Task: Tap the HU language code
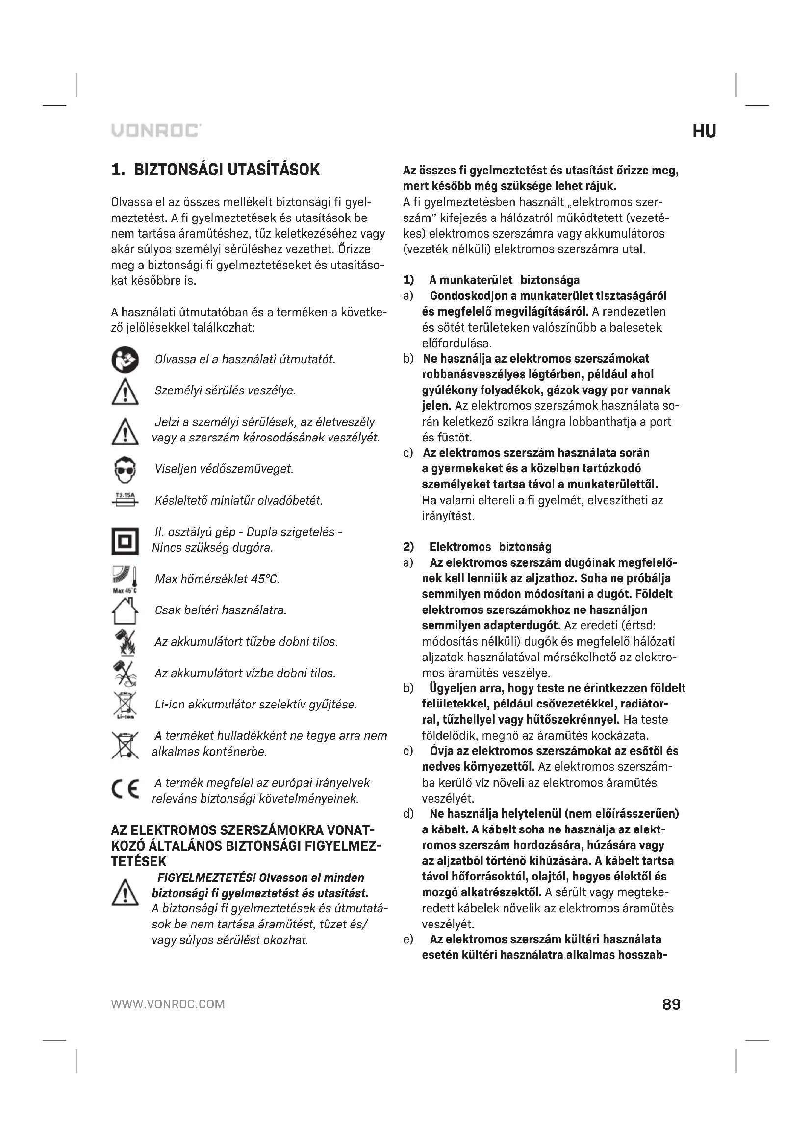click(x=704, y=132)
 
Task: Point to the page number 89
click(x=671, y=1004)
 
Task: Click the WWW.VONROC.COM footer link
click(x=168, y=1004)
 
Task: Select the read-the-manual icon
click(x=125, y=359)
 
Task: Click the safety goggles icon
click(x=125, y=470)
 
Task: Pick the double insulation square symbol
click(x=125, y=541)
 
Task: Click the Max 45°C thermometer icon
click(x=125, y=579)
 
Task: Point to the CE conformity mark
click(x=125, y=791)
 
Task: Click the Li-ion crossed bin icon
click(x=125, y=705)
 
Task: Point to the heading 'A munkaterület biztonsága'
click(x=504, y=281)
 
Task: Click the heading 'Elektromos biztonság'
click(x=490, y=547)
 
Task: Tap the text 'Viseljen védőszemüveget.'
click(x=224, y=469)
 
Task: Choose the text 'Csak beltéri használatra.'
click(x=221, y=610)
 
